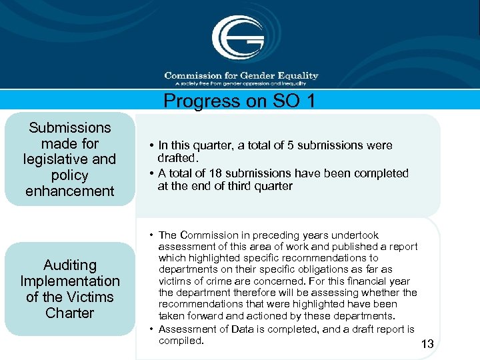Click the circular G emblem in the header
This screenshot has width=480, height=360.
(x=239, y=37)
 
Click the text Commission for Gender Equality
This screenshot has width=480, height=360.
(x=241, y=75)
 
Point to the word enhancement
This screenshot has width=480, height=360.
(x=69, y=191)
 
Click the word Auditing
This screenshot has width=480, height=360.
(x=70, y=265)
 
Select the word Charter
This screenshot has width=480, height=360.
(x=70, y=313)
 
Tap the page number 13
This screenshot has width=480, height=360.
(x=427, y=344)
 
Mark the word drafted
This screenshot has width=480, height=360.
(x=177, y=159)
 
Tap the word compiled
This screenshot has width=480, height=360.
(x=181, y=341)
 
